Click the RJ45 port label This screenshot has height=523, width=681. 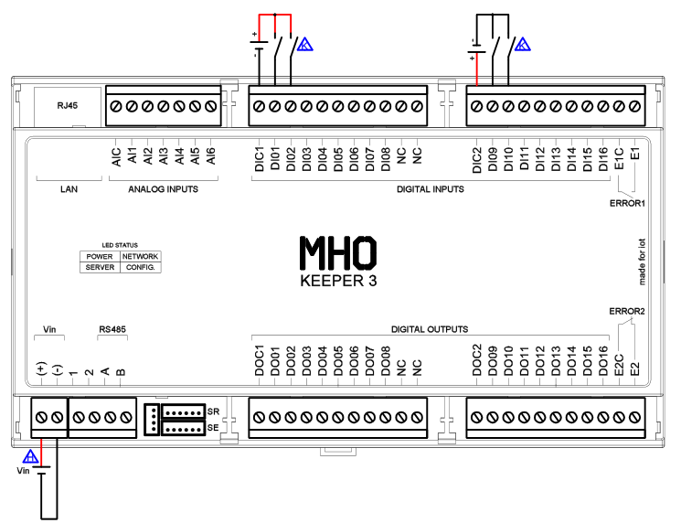pos(68,105)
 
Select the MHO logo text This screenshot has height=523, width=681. pos(338,252)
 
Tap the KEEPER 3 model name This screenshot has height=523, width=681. pos(338,281)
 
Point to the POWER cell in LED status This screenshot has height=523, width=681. pos(100,257)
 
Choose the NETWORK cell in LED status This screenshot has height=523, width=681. pos(140,257)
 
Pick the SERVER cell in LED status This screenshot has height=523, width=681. pos(100,267)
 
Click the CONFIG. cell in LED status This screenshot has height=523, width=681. pos(140,267)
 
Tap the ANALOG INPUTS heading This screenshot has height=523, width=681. pos(164,189)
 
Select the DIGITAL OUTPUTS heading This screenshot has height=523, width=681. pos(430,329)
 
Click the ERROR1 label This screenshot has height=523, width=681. pos(628,203)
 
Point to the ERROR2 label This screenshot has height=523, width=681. pos(627,312)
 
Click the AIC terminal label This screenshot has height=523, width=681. pos(116,157)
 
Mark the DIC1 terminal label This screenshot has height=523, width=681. pos(260,159)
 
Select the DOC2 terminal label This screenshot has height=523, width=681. pos(477,360)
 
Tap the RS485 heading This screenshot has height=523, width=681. pos(112,329)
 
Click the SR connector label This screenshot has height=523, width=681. pos(213,411)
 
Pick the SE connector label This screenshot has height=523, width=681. pos(213,428)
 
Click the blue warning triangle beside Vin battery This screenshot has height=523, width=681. pos(30,457)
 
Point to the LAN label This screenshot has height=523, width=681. pos(69,189)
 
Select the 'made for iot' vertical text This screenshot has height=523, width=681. pos(642,261)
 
